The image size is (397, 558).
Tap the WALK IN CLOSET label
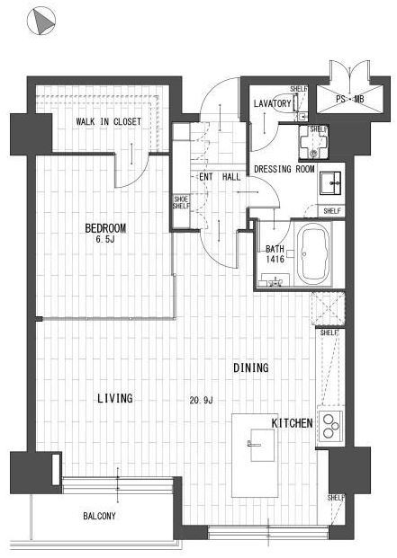coord(108,121)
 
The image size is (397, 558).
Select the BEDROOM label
coord(105,228)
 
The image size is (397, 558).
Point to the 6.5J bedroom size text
coord(105,239)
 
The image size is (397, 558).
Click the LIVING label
coord(115,398)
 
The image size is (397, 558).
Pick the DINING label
coord(251,368)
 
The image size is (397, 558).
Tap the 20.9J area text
coord(201,401)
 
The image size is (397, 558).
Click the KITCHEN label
coord(292,423)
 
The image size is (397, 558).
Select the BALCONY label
coord(99,516)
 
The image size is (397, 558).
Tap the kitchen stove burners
coord(330,426)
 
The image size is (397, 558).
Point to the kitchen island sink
coord(262,445)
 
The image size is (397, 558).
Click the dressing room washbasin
coord(330,183)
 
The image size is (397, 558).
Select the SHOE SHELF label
coord(181,202)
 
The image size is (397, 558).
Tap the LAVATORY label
coord(272,103)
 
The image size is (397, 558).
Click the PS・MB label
coord(349,99)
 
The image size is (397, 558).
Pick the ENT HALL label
coord(220,176)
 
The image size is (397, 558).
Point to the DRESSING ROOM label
coord(284,169)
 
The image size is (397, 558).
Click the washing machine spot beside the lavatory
coord(313,142)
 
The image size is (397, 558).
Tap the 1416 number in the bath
coord(275,259)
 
